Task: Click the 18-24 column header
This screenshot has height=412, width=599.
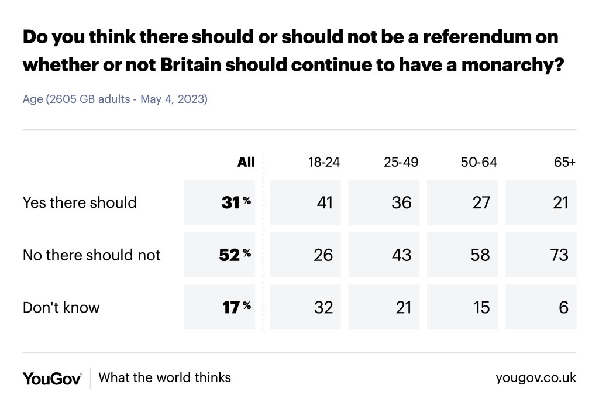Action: tap(324, 162)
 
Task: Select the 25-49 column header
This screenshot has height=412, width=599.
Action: tap(401, 162)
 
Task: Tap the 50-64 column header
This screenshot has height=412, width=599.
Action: tap(479, 162)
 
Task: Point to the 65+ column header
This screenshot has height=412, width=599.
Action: tap(565, 162)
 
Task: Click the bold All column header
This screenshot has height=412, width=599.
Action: tap(246, 162)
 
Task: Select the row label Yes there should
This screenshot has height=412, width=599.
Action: tap(80, 202)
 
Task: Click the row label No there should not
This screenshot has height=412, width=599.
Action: tap(91, 255)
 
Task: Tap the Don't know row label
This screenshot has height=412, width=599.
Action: tap(61, 307)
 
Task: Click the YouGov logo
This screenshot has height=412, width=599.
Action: tap(52, 378)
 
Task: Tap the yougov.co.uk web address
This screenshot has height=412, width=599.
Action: tap(536, 378)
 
